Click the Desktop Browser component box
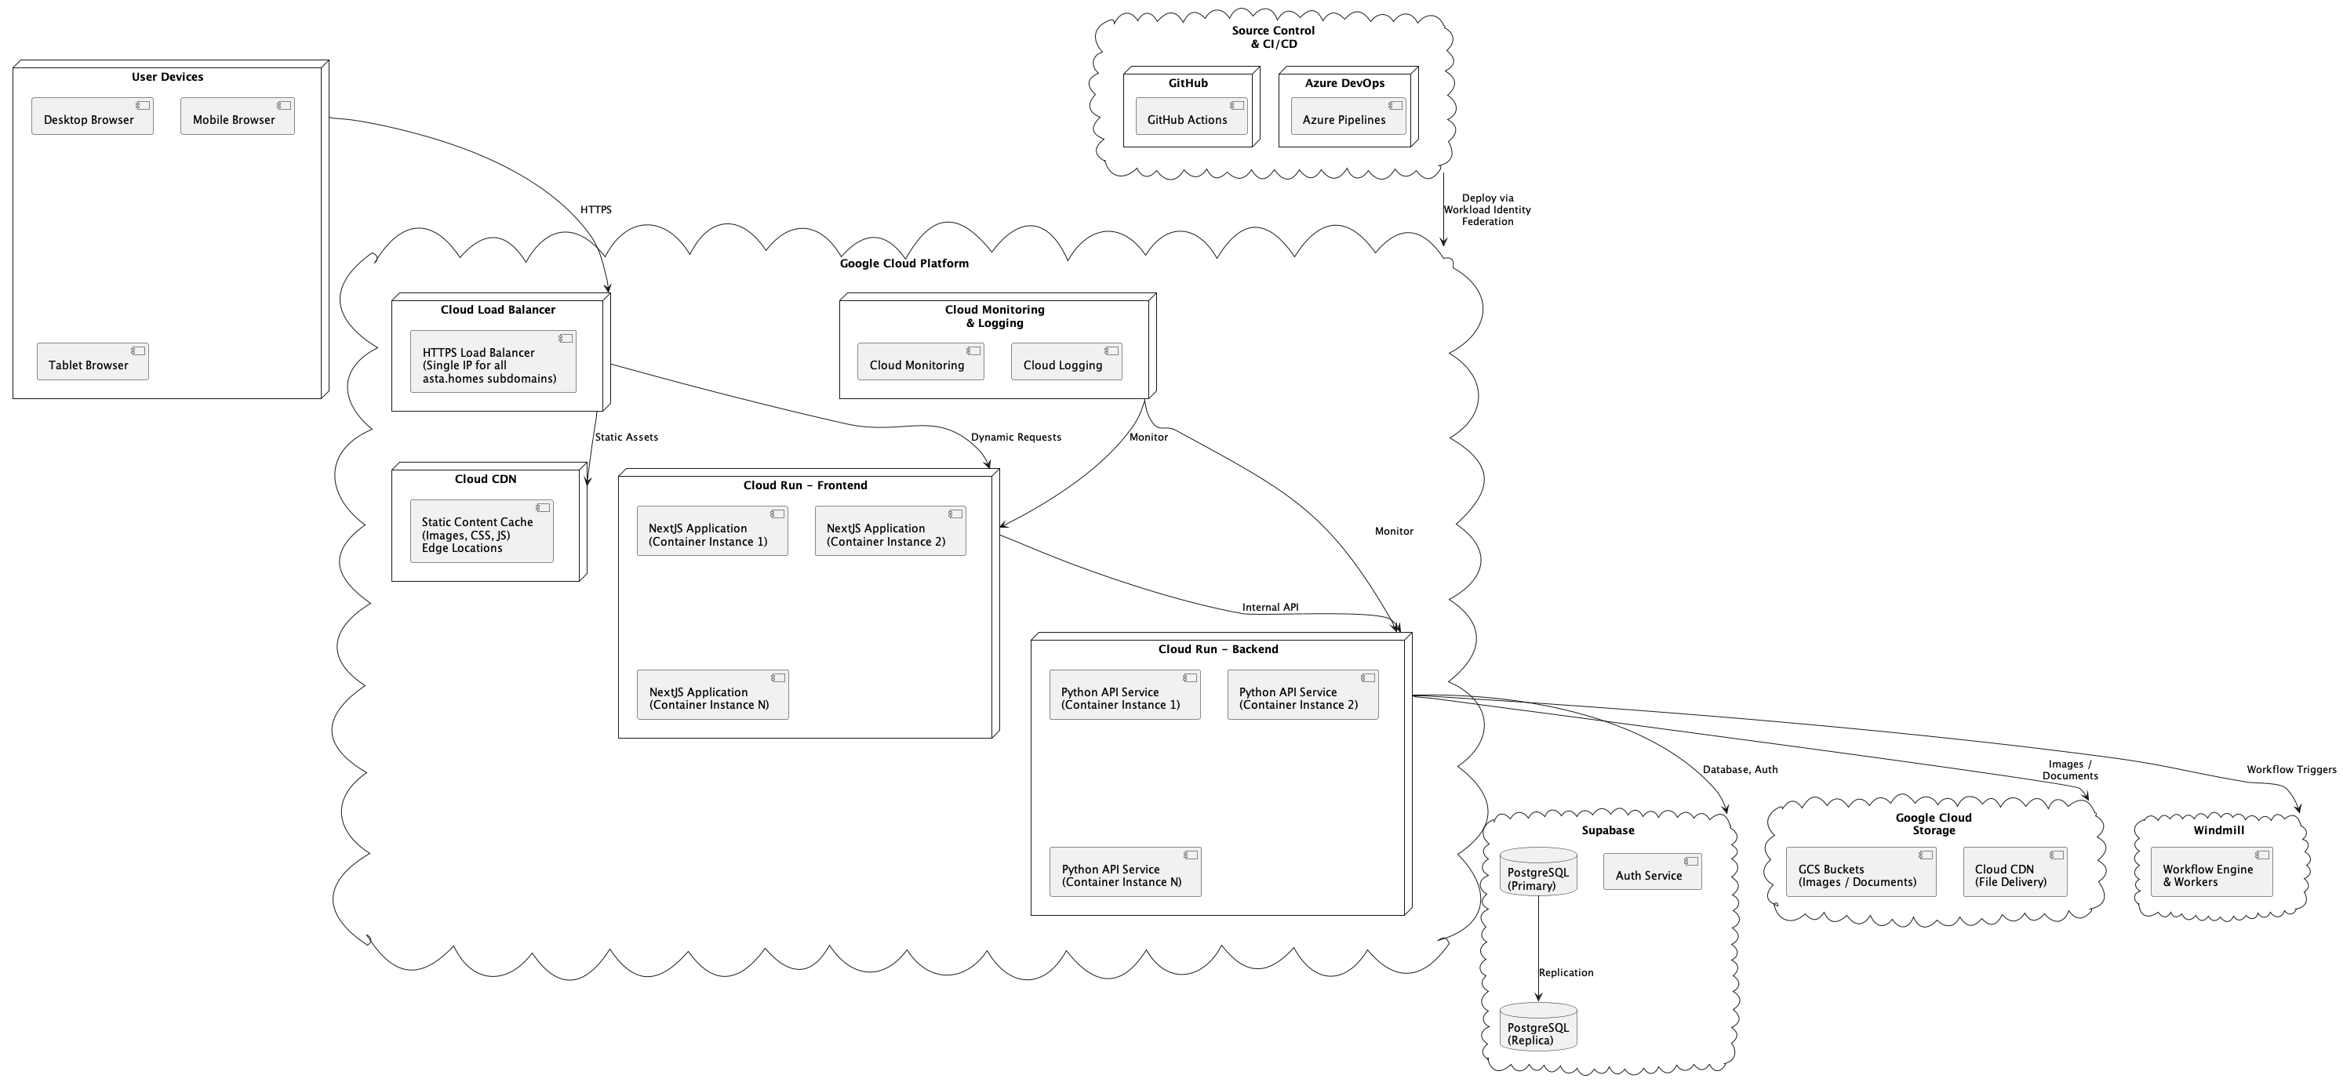click(92, 116)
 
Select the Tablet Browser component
click(92, 362)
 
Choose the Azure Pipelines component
click(1347, 116)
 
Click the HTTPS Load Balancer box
click(492, 362)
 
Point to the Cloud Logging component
click(1065, 362)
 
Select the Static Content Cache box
click(480, 532)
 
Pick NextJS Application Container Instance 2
click(890, 531)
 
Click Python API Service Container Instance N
click(1124, 872)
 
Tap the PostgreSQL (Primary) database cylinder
click(1537, 872)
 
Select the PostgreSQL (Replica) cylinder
click(1537, 1027)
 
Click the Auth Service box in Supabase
click(1651, 872)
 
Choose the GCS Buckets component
click(1860, 872)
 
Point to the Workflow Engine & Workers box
click(2210, 872)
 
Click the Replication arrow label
click(1566, 973)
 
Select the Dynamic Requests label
click(1015, 438)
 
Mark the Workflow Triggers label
click(2290, 770)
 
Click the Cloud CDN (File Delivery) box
click(2014, 872)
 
